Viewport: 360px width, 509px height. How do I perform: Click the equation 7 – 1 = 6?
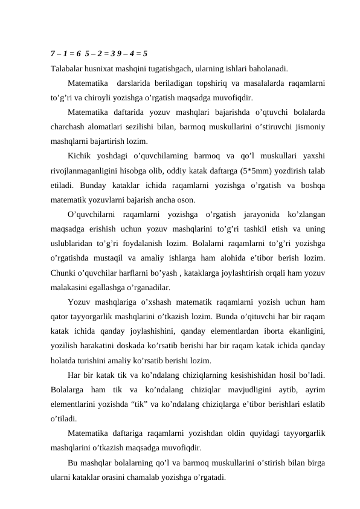66,53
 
